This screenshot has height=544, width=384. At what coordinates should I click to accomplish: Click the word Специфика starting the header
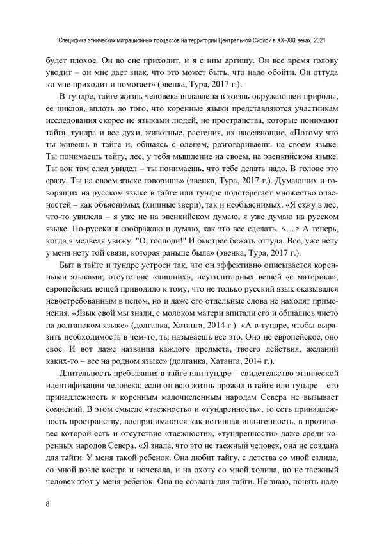(74, 39)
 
